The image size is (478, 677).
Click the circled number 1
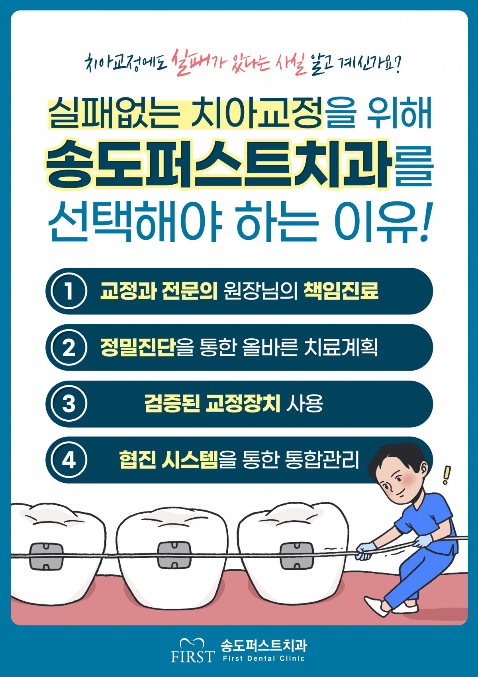tap(69, 291)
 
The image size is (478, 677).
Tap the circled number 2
tap(69, 347)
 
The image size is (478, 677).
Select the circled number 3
tap(69, 404)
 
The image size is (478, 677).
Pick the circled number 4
tap(69, 460)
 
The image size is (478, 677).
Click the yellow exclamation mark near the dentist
tap(447, 475)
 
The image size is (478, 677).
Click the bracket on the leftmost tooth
tap(46, 556)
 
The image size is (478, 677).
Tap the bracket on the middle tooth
tap(174, 555)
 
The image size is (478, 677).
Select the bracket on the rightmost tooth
tap(296, 555)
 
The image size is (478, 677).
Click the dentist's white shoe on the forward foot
tap(374, 605)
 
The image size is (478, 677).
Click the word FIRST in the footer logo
tap(193, 656)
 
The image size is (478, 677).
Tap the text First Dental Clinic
tap(264, 659)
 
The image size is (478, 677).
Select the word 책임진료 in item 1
tap(341, 291)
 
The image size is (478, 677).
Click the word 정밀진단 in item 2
tap(138, 347)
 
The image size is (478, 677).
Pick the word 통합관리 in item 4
tap(322, 460)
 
